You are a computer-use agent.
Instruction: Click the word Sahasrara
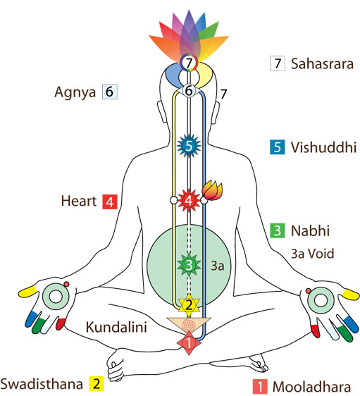click(322, 63)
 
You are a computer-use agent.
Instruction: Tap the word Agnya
click(75, 92)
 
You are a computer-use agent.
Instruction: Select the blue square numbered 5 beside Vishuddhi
click(278, 147)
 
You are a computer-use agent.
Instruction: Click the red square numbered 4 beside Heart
click(110, 202)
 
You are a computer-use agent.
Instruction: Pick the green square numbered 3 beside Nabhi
click(278, 230)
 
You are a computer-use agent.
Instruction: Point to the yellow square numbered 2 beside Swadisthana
click(97, 384)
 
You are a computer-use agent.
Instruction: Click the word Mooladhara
click(311, 387)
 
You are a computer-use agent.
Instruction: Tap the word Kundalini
click(116, 327)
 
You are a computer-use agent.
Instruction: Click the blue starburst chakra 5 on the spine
click(189, 146)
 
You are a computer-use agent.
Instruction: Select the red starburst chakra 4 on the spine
click(189, 201)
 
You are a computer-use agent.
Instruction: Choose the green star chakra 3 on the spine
click(189, 265)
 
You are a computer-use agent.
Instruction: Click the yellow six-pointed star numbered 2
click(189, 305)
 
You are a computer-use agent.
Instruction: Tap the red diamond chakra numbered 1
click(189, 343)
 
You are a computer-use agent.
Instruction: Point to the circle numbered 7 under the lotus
click(189, 62)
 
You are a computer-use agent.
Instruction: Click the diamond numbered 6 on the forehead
click(189, 91)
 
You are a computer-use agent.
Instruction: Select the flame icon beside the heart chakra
click(212, 190)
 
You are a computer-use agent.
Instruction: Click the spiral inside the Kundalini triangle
click(188, 325)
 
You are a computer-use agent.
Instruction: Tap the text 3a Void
click(313, 254)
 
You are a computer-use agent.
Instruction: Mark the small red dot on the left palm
click(67, 284)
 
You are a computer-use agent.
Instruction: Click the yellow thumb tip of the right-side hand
click(351, 295)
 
